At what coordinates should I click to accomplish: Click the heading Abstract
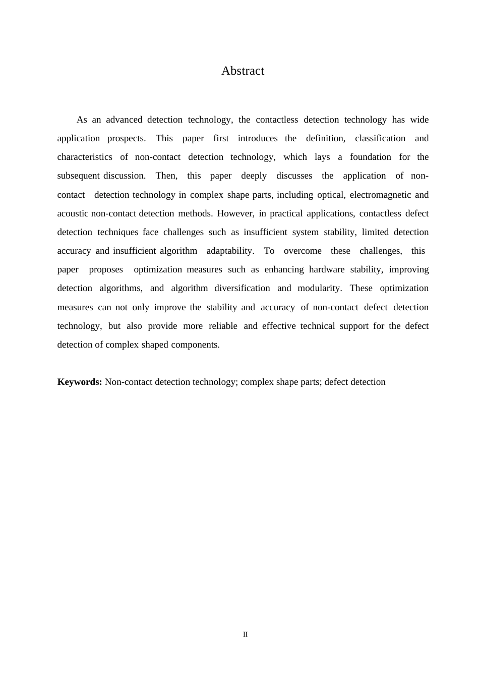[x=243, y=71]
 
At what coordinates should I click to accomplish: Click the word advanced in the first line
[x=124, y=120]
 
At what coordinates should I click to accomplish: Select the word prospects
[x=126, y=138]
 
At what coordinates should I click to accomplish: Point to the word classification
[x=380, y=138]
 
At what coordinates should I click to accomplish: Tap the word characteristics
[x=85, y=157]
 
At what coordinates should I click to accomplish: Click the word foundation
[x=370, y=157]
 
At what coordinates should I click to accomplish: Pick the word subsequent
[x=79, y=176]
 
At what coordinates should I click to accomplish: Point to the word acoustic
[x=73, y=213]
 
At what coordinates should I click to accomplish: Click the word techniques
[x=118, y=232]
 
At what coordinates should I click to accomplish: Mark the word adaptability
[x=229, y=251]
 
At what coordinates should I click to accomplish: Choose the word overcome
[x=303, y=251]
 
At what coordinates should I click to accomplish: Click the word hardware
[x=327, y=269]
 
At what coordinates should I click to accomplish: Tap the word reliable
[x=223, y=326]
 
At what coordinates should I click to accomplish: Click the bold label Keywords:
[x=80, y=382]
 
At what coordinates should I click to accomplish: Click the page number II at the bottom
[x=245, y=635]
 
